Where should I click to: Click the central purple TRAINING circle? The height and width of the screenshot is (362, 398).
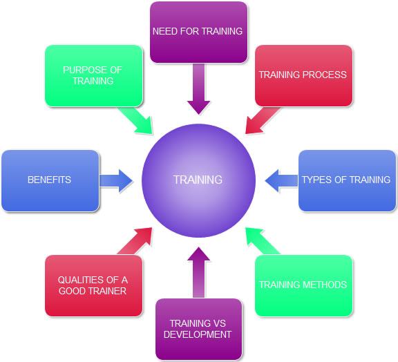[198, 180]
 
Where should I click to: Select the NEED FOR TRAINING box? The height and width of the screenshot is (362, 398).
[198, 32]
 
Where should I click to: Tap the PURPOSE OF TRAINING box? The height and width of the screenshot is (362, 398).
[94, 76]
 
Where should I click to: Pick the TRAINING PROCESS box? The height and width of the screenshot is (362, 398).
[303, 76]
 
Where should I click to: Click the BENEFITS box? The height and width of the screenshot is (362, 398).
[50, 180]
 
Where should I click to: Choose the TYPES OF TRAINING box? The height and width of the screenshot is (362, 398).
[347, 180]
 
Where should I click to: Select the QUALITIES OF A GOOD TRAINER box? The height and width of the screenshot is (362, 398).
[94, 285]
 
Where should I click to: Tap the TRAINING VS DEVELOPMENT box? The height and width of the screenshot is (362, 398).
[198, 329]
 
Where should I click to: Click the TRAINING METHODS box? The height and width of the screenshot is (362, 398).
[303, 285]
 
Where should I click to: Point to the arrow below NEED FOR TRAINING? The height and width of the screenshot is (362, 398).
[198, 89]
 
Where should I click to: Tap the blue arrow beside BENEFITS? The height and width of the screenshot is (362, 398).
[116, 180]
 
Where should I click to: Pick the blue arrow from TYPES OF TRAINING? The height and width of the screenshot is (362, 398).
[281, 180]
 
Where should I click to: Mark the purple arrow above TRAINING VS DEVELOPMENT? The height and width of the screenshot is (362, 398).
[198, 272]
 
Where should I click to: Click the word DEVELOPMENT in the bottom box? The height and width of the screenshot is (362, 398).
[198, 334]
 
